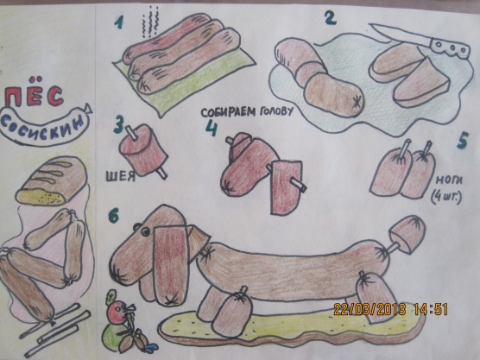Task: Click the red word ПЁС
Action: click(35, 93)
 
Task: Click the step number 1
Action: click(119, 22)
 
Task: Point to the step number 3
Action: click(119, 124)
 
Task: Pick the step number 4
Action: click(212, 128)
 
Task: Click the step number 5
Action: click(463, 141)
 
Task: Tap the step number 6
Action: click(113, 217)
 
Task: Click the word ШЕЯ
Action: click(121, 176)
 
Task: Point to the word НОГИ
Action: click(449, 180)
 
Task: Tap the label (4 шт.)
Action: click(445, 198)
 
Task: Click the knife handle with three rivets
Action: click(450, 47)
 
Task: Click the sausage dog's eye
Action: click(146, 231)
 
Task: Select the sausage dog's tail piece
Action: click(407, 235)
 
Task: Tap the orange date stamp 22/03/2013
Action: click(369, 309)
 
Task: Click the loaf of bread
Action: click(52, 181)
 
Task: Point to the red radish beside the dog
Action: click(117, 312)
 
